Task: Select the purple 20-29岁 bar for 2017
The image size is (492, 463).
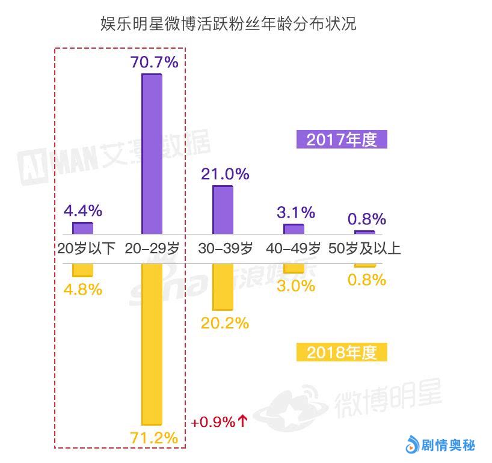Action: (152, 153)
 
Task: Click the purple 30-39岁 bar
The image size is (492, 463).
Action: (223, 209)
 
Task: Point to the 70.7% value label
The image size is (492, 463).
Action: (154, 61)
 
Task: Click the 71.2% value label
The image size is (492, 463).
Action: (154, 437)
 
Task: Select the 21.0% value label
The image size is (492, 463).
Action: (225, 174)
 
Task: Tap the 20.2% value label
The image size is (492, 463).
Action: (225, 323)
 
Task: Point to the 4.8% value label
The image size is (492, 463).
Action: (83, 289)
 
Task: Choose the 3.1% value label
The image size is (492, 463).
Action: (296, 212)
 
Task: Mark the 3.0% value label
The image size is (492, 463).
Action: (296, 286)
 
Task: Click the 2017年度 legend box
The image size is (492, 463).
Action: (342, 140)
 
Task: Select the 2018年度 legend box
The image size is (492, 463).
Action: (342, 352)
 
